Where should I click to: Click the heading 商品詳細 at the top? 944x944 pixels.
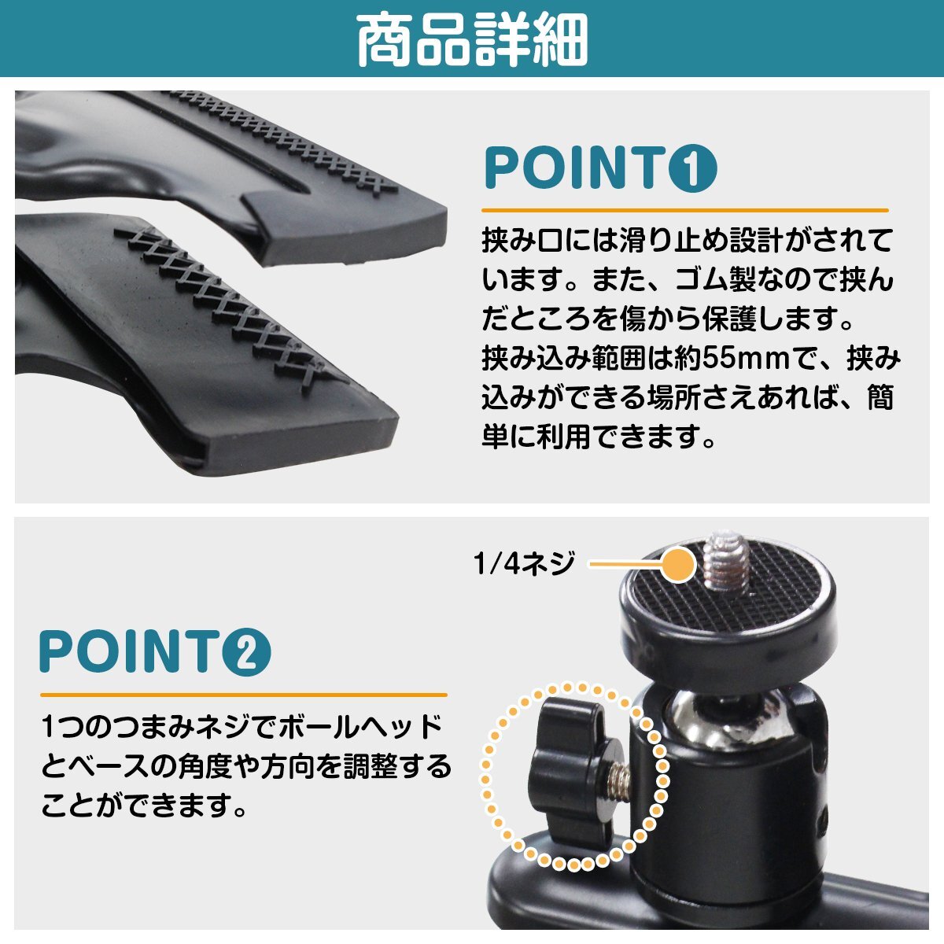pyautogui.click(x=472, y=39)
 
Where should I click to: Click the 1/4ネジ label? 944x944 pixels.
pyautogui.click(x=525, y=563)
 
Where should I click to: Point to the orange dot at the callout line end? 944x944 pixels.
pyautogui.click(x=678, y=564)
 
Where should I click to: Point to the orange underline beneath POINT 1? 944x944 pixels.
pyautogui.click(x=684, y=211)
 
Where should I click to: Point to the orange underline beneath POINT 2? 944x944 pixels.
pyautogui.click(x=243, y=695)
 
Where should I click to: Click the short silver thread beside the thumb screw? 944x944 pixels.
pyautogui.click(x=618, y=779)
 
